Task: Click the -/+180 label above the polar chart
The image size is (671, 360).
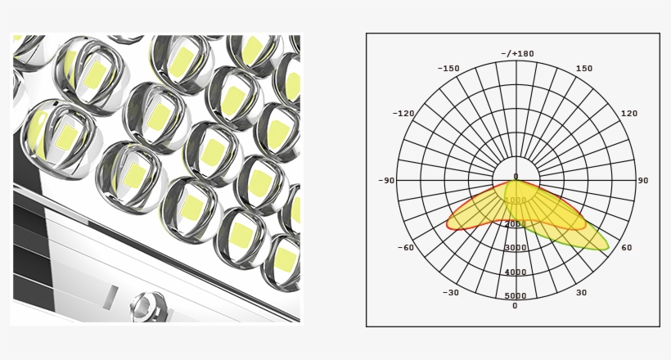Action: click(x=516, y=54)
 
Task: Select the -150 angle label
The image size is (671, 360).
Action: click(x=448, y=69)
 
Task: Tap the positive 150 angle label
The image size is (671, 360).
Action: click(x=583, y=69)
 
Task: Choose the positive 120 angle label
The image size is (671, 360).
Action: click(x=629, y=114)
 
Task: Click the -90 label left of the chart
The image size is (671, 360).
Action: click(x=386, y=181)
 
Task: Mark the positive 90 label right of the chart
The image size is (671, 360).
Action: click(x=642, y=181)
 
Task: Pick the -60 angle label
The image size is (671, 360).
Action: click(x=405, y=247)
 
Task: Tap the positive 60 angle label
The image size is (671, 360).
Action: click(x=626, y=247)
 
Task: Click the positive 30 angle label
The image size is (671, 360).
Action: click(x=581, y=292)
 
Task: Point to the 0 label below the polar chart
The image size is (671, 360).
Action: click(x=515, y=306)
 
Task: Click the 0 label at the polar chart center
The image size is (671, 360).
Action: click(x=516, y=176)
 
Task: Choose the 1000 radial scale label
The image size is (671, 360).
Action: click(x=516, y=200)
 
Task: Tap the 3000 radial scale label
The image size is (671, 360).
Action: click(x=516, y=248)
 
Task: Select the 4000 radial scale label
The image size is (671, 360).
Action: click(x=516, y=272)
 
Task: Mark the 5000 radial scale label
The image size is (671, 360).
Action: click(x=516, y=295)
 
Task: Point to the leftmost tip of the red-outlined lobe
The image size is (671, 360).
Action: click(x=447, y=223)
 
